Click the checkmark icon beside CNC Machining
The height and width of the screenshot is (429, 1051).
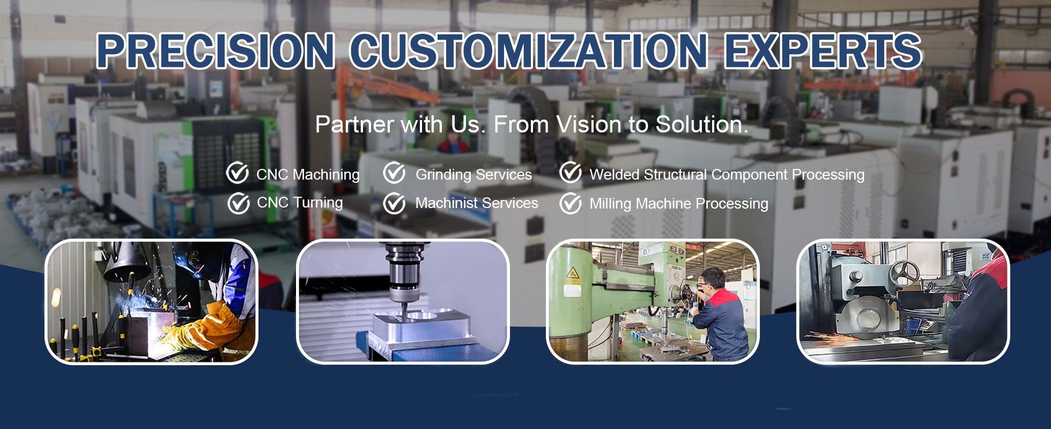[x=237, y=173]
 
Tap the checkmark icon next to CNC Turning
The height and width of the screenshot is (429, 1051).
[x=238, y=203]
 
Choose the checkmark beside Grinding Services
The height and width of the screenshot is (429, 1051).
[x=394, y=173]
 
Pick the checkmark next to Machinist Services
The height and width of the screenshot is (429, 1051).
[x=394, y=203]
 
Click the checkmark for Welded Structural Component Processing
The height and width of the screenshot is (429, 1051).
[x=570, y=173]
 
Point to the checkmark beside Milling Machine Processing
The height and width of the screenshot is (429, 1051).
[x=570, y=204]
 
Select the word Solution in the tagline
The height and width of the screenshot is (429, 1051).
[x=702, y=124]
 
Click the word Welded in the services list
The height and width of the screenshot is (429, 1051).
[x=615, y=174]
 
